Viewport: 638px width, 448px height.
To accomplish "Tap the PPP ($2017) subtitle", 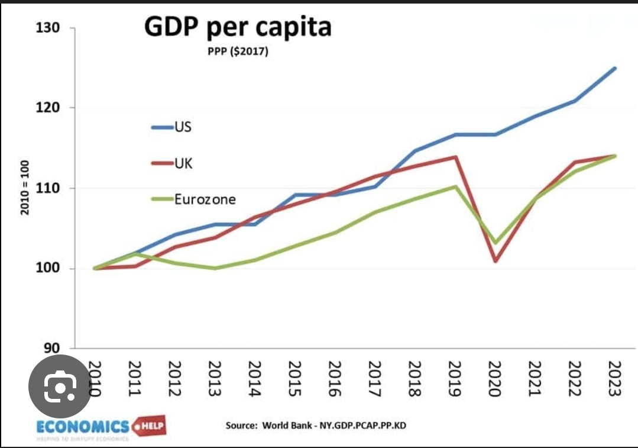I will point(238,52).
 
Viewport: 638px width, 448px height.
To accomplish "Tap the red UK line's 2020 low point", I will point(495,261).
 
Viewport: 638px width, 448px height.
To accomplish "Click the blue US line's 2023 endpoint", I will point(615,68).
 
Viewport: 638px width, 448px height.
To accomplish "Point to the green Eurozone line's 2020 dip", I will point(495,243).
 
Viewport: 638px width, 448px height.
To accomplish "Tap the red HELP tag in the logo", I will point(150,426).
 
